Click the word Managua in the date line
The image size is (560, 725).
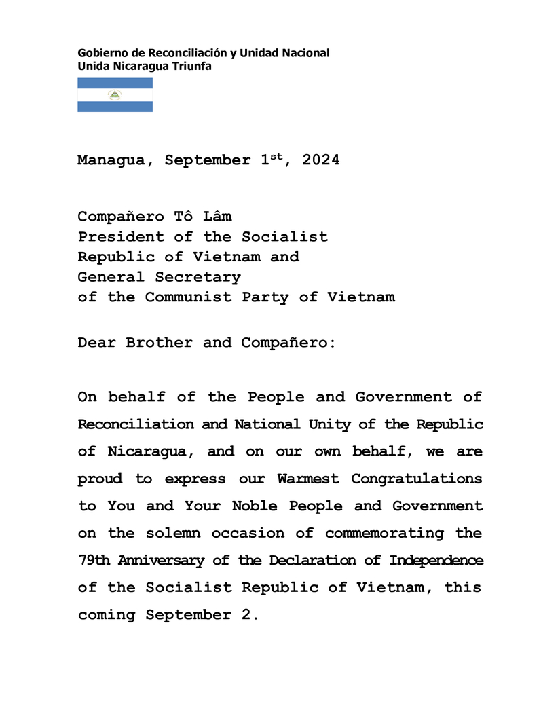point(111,161)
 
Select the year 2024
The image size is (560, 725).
point(321,160)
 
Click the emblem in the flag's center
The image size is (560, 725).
point(115,95)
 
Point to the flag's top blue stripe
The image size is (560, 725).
point(115,83)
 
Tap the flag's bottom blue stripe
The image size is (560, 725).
point(115,107)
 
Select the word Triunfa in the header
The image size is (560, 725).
point(193,66)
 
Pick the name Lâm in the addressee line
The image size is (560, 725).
point(217,217)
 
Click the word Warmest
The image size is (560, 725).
point(308,479)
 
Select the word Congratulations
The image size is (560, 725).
point(417,479)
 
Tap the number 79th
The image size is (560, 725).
point(95,560)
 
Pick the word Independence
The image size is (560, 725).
point(436,560)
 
